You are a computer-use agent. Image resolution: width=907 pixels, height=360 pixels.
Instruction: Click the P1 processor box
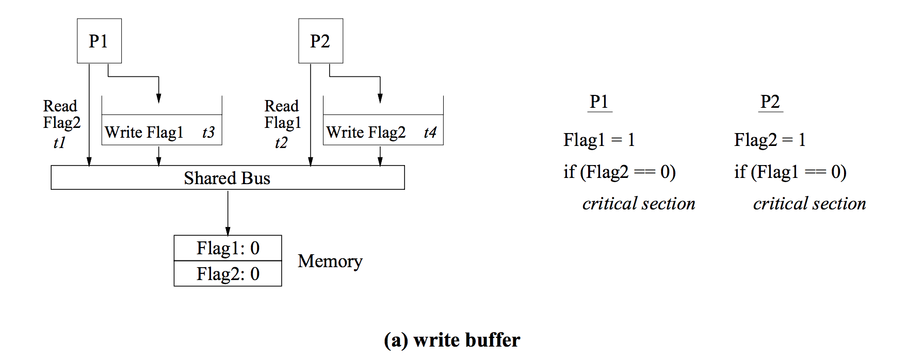(99, 41)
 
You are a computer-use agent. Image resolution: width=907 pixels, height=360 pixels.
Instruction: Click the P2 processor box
(320, 41)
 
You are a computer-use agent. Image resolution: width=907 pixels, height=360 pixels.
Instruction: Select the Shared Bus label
(227, 178)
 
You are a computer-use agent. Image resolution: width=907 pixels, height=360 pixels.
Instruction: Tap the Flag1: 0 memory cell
(228, 248)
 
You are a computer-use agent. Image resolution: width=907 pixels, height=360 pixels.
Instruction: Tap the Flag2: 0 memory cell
(228, 274)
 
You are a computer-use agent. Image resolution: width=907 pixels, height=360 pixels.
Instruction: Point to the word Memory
(330, 261)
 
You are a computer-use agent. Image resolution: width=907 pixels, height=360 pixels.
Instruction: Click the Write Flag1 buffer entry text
(144, 133)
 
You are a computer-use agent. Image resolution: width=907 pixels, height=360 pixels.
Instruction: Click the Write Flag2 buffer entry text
(366, 133)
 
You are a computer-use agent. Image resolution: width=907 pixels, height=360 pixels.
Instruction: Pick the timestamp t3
(208, 133)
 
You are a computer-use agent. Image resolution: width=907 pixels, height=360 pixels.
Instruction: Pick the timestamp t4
(430, 133)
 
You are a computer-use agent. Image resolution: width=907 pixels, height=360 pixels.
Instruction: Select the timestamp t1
(59, 142)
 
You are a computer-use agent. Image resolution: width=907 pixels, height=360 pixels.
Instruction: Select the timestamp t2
(281, 142)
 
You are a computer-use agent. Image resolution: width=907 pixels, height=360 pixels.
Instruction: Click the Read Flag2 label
(61, 114)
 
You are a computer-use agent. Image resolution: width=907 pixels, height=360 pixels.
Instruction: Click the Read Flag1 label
(282, 114)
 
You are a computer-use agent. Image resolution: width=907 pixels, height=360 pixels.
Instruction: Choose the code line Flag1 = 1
(599, 140)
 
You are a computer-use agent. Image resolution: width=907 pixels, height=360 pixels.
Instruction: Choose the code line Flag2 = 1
(770, 140)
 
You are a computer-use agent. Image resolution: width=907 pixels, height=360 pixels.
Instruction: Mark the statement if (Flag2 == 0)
(619, 172)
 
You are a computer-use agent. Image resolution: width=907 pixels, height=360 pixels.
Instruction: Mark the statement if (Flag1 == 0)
(790, 172)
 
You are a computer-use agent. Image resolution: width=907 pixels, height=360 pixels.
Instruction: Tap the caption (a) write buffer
(452, 340)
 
